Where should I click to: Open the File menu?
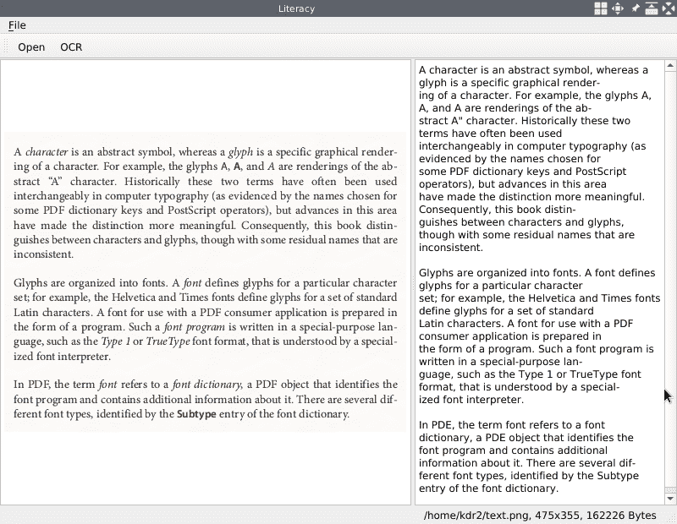pyautogui.click(x=17, y=25)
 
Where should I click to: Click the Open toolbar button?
pyautogui.click(x=31, y=47)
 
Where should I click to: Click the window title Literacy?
pyautogui.click(x=296, y=8)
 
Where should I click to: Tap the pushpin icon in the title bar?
pyautogui.click(x=635, y=8)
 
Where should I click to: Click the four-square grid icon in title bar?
pyautogui.click(x=600, y=8)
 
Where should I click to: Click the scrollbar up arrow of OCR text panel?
pyautogui.click(x=670, y=65)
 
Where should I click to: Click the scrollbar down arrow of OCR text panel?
pyautogui.click(x=670, y=499)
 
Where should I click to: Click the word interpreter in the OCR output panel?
pyautogui.click(x=492, y=400)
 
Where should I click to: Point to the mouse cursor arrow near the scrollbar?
pyautogui.click(x=667, y=395)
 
